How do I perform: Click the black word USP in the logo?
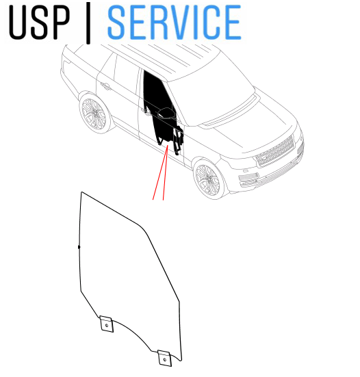(x=40, y=22)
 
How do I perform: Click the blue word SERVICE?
(x=174, y=22)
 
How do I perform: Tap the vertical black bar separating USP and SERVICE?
(x=88, y=23)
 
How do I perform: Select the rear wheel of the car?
(x=94, y=112)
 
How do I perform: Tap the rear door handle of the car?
(x=106, y=86)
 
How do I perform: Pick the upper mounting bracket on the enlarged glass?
(x=106, y=324)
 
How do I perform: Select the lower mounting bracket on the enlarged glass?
(x=164, y=359)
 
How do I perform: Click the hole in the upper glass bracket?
(x=107, y=325)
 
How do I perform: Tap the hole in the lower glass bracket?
(x=165, y=360)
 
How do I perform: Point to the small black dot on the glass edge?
(x=79, y=247)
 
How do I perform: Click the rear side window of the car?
(x=126, y=75)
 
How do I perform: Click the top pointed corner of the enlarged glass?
(x=81, y=192)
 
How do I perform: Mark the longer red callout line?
(x=160, y=172)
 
